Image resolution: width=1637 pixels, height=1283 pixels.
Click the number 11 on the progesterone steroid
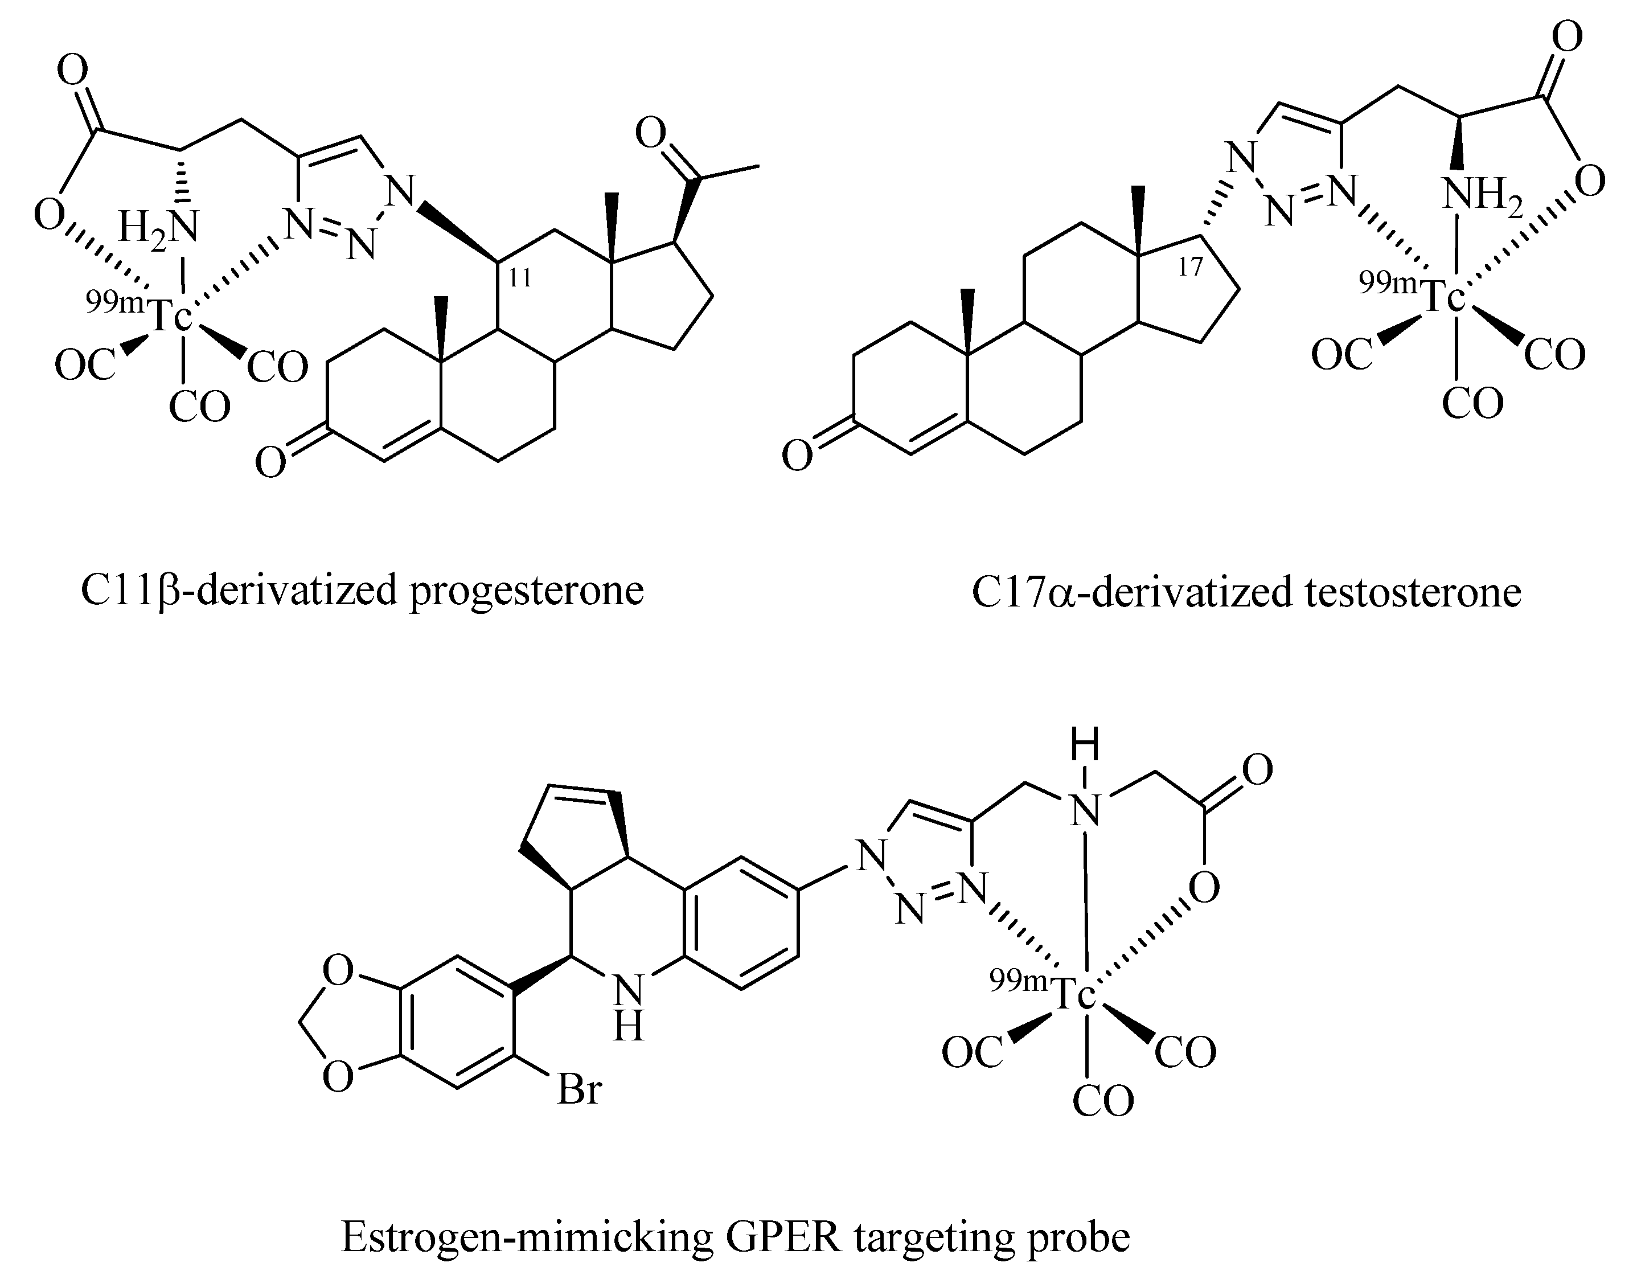520,278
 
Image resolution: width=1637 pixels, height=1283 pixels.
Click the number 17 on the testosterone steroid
1190,266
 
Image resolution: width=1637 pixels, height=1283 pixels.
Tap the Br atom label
579,1089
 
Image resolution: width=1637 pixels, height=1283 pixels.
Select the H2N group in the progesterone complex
159,226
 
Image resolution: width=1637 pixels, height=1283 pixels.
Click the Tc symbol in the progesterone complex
172,315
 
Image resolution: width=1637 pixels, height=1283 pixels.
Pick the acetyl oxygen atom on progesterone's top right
650,134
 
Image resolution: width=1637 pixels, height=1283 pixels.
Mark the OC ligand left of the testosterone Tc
1342,354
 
